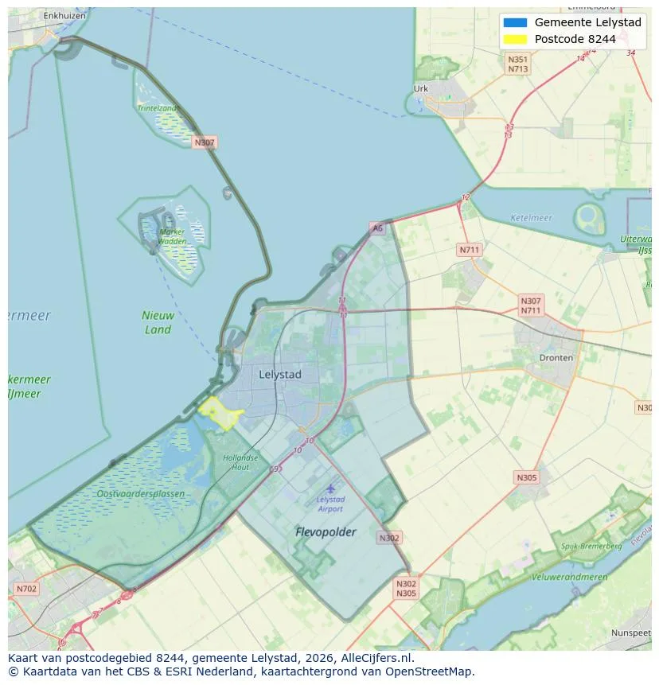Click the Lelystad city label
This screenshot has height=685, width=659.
click(x=280, y=374)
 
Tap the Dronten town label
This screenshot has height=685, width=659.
click(x=556, y=358)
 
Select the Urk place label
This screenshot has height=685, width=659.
click(x=421, y=89)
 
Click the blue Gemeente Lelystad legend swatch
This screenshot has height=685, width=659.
click(x=515, y=22)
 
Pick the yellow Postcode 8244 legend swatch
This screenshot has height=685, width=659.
click(x=515, y=39)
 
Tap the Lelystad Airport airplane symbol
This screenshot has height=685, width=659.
click(x=330, y=488)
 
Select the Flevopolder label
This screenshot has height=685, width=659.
click(x=326, y=531)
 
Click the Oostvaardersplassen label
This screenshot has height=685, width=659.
click(x=142, y=494)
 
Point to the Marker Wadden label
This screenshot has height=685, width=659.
click(x=172, y=236)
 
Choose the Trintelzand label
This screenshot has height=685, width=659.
click(x=157, y=107)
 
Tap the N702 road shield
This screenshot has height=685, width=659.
click(x=26, y=589)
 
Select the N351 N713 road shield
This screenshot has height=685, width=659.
click(x=517, y=64)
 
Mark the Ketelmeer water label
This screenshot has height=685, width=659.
click(x=531, y=217)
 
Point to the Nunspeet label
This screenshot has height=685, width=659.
click(x=630, y=632)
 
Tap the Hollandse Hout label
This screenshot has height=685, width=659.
click(x=240, y=462)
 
